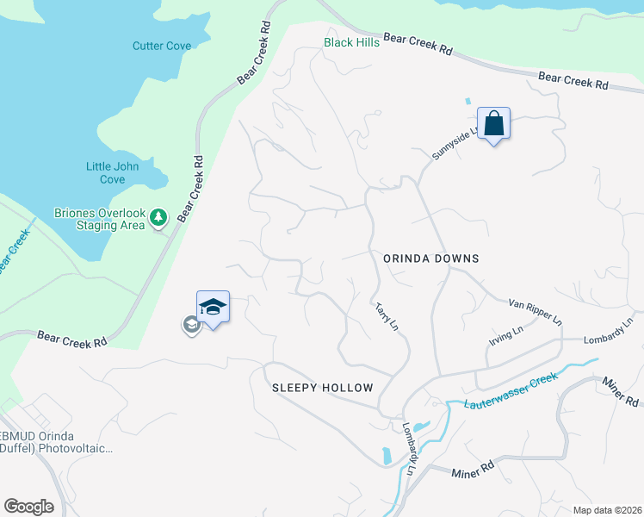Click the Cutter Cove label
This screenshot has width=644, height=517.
[161, 46]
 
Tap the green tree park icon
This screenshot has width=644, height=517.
[158, 218]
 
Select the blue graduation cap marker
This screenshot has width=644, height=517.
[213, 307]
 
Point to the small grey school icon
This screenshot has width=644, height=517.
[190, 325]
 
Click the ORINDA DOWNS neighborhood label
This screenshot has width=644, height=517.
[430, 258]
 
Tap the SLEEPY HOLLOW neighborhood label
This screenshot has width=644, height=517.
[323, 388]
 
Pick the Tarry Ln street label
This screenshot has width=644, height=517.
[387, 316]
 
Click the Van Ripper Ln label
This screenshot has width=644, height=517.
[535, 311]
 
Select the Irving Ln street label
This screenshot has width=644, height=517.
[505, 334]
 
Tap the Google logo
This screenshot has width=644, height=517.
[28, 506]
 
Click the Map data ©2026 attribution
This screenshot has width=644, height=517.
[606, 510]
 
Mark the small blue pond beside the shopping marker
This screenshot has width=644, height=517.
[468, 101]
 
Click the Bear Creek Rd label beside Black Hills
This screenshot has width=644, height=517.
[418, 45]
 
